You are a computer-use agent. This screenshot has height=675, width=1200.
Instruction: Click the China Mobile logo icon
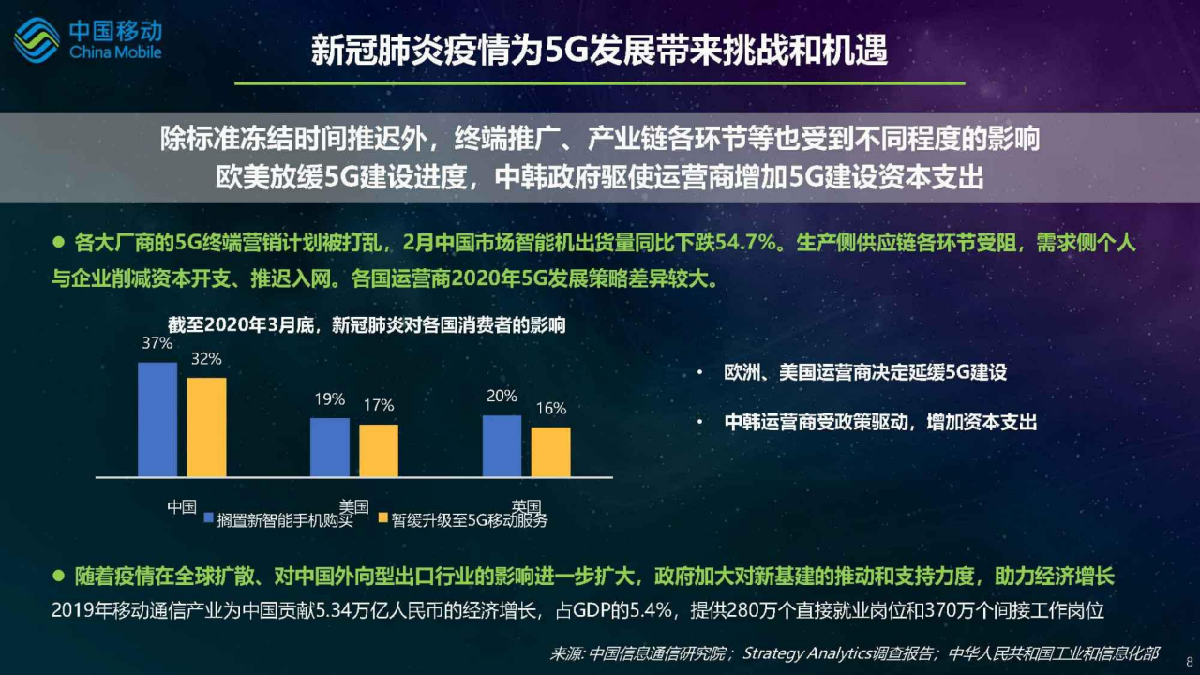click(x=37, y=40)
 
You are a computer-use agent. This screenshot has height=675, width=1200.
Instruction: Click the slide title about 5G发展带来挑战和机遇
click(x=599, y=50)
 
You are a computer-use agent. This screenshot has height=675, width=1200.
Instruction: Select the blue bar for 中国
click(x=157, y=419)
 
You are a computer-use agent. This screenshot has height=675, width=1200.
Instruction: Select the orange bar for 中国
click(x=207, y=427)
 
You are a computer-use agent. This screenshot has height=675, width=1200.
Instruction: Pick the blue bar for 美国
click(x=330, y=447)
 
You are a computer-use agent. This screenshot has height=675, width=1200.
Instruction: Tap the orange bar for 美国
click(x=379, y=451)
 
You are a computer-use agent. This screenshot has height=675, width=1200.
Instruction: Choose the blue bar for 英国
click(x=502, y=445)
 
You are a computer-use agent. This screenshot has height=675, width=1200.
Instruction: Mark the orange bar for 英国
click(x=550, y=452)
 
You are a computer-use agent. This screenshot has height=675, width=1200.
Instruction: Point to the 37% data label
click(x=157, y=343)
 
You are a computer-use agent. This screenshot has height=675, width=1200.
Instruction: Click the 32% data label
click(x=206, y=358)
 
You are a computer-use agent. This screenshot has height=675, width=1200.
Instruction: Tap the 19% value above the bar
click(x=329, y=399)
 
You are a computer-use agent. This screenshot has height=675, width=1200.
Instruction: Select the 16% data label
click(x=551, y=408)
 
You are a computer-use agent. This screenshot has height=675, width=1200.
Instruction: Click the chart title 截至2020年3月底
click(x=367, y=324)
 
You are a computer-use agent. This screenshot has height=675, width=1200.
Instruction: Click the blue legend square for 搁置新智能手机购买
click(x=209, y=518)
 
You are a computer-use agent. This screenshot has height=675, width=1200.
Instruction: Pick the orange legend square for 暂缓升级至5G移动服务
click(x=383, y=517)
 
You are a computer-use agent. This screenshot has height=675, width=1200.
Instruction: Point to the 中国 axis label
click(x=182, y=507)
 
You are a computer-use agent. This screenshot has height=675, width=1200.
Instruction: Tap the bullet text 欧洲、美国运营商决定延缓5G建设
click(x=865, y=372)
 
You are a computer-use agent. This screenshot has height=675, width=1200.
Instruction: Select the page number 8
click(x=1190, y=662)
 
